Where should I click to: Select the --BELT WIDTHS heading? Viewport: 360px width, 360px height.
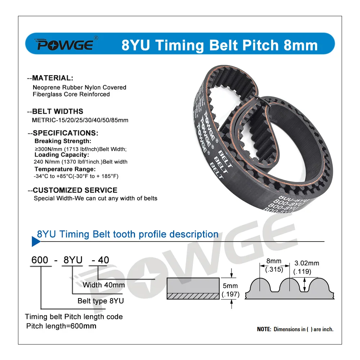click(x=55, y=111)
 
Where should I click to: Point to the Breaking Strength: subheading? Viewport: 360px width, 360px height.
click(x=63, y=141)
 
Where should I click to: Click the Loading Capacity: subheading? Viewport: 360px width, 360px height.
click(x=61, y=155)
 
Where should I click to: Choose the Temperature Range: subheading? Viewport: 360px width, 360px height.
click(x=65, y=169)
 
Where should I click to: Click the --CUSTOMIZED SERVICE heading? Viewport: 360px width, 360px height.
click(x=72, y=190)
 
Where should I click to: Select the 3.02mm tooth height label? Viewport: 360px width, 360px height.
click(x=307, y=264)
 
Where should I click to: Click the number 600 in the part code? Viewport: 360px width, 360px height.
click(x=40, y=260)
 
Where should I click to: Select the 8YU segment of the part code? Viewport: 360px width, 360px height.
click(x=72, y=260)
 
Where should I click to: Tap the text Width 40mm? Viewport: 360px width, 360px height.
click(x=104, y=285)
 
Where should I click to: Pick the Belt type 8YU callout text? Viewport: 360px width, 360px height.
click(x=100, y=301)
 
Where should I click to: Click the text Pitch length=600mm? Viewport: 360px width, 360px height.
click(x=61, y=326)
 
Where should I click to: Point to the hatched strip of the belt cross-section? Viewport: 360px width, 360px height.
click(x=193, y=296)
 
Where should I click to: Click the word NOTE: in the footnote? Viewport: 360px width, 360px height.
click(x=264, y=329)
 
